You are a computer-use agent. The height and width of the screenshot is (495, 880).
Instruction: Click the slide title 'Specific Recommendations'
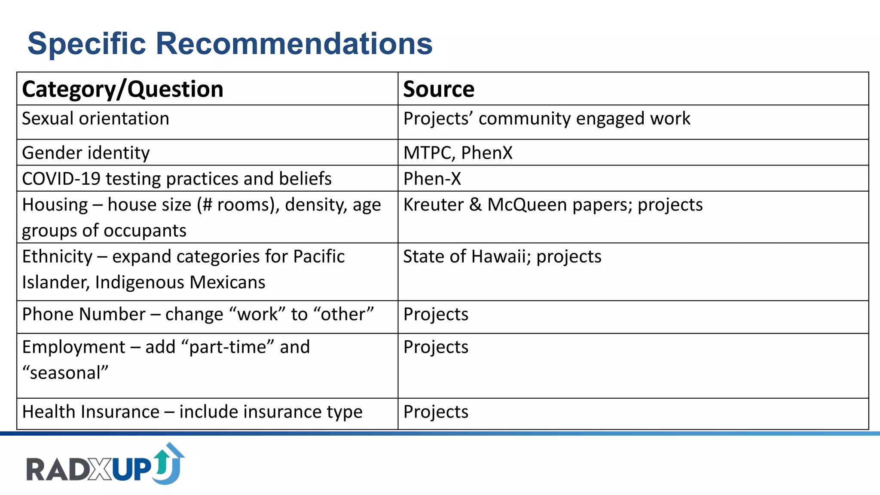230,43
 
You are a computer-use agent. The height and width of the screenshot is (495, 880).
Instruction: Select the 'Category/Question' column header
122,89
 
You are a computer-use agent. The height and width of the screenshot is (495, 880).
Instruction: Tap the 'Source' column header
439,89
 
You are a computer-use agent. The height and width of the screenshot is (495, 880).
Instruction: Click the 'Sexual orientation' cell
95,119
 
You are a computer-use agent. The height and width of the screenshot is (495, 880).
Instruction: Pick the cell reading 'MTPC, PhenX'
458,153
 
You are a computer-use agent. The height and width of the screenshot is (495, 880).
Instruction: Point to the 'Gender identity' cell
86,153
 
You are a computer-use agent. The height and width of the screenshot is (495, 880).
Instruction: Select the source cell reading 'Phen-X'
432,179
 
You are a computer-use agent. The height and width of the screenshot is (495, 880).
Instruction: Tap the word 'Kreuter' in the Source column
433,205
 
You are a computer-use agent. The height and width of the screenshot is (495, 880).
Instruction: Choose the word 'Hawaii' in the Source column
501,257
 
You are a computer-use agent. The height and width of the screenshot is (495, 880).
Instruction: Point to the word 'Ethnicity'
57,257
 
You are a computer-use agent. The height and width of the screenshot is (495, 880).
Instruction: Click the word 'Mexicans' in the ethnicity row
227,282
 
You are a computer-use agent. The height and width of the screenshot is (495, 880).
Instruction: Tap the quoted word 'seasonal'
65,373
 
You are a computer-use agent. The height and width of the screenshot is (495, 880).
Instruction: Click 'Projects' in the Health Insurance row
436,412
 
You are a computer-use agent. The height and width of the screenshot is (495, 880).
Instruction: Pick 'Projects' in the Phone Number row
436,314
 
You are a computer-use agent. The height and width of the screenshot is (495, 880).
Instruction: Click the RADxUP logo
105,465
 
